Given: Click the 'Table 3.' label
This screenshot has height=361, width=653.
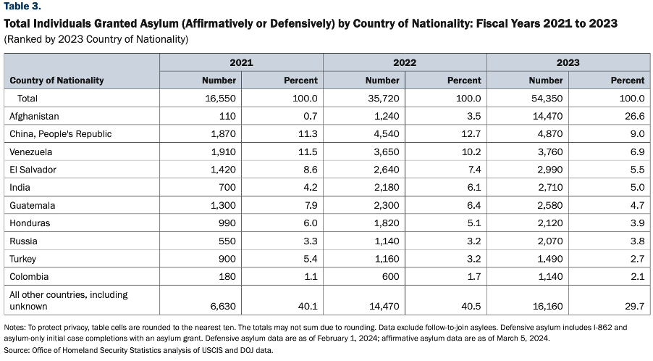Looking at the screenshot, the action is [22, 7].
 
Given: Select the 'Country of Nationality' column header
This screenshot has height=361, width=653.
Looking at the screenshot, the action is [56, 80].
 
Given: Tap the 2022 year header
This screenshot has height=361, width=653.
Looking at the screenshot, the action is [405, 62].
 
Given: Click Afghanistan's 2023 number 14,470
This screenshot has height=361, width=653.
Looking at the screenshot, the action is [547, 116].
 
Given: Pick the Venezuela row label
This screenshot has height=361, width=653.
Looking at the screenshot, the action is [31, 152].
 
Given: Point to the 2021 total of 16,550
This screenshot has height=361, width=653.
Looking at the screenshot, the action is [220, 99].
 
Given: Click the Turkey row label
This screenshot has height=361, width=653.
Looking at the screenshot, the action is [23, 259].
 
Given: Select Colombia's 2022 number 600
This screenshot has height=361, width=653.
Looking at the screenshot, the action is [391, 277].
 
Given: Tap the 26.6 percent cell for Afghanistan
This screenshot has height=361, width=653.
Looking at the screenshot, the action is [635, 116].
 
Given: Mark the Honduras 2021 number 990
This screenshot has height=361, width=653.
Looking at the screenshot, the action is [227, 223].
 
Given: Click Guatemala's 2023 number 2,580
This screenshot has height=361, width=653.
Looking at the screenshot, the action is [550, 206].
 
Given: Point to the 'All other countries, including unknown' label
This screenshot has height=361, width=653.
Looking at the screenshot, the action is [69, 301].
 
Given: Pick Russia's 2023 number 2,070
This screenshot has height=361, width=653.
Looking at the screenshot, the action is [550, 241].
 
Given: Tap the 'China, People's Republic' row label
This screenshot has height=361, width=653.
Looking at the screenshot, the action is [61, 134].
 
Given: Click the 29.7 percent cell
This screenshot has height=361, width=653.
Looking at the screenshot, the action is [635, 307].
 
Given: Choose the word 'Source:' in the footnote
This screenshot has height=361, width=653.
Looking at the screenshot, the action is [17, 351].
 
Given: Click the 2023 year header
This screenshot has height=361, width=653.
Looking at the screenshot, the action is [568, 62].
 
